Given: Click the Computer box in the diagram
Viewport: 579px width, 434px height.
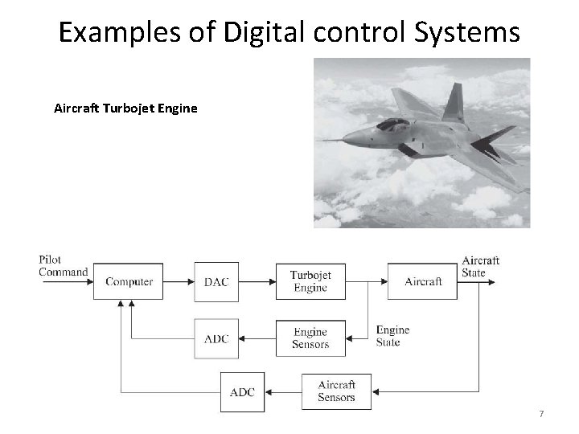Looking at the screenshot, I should pyautogui.click(x=129, y=281).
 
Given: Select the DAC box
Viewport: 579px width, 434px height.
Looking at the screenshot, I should pyautogui.click(x=216, y=281).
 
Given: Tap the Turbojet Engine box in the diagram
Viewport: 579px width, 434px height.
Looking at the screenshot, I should pyautogui.click(x=310, y=281).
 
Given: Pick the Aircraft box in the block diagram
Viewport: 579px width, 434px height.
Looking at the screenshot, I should pyautogui.click(x=422, y=281).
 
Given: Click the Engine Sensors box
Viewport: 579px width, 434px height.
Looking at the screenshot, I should pyautogui.click(x=310, y=338).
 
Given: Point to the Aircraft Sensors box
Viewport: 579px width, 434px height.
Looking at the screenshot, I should pyautogui.click(x=336, y=391).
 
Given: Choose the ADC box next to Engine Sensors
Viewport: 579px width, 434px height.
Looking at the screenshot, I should pyautogui.click(x=216, y=338).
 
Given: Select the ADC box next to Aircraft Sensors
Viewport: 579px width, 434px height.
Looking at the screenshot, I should pyautogui.click(x=242, y=392).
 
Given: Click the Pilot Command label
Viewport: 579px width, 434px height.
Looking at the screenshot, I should pyautogui.click(x=63, y=265).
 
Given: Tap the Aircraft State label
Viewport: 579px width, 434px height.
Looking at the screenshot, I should pyautogui.click(x=481, y=266).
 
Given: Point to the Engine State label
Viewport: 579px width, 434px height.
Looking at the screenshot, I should pyautogui.click(x=392, y=336).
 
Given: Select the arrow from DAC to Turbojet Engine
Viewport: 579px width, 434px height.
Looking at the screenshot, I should pyautogui.click(x=257, y=281).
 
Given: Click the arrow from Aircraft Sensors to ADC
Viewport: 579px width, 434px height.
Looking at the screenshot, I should pyautogui.click(x=282, y=392).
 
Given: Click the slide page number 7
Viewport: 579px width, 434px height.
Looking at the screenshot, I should pyautogui.click(x=541, y=413).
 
